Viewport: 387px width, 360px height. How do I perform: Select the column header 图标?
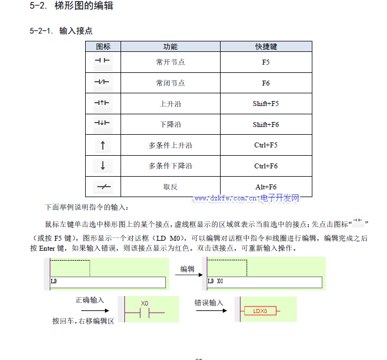pyautogui.click(x=103, y=47)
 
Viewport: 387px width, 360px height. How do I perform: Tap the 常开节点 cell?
pyautogui.click(x=170, y=62)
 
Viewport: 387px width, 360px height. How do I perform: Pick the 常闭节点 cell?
pyautogui.click(x=170, y=83)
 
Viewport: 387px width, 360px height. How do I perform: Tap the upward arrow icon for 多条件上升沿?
pyautogui.click(x=103, y=146)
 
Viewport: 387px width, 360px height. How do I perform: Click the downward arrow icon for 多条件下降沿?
pyautogui.click(x=103, y=166)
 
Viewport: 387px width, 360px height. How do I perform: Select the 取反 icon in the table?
pyautogui.click(x=103, y=187)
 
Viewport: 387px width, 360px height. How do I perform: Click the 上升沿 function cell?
pyautogui.click(x=170, y=104)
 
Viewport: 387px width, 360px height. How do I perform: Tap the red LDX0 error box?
pyautogui.click(x=260, y=311)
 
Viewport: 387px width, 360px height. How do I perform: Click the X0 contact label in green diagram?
pyautogui.click(x=145, y=304)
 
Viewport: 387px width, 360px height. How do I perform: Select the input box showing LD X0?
pyautogui.click(x=264, y=282)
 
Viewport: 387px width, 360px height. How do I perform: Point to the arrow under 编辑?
pyautogui.click(x=187, y=278)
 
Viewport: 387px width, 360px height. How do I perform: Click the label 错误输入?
pyautogui.click(x=208, y=303)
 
